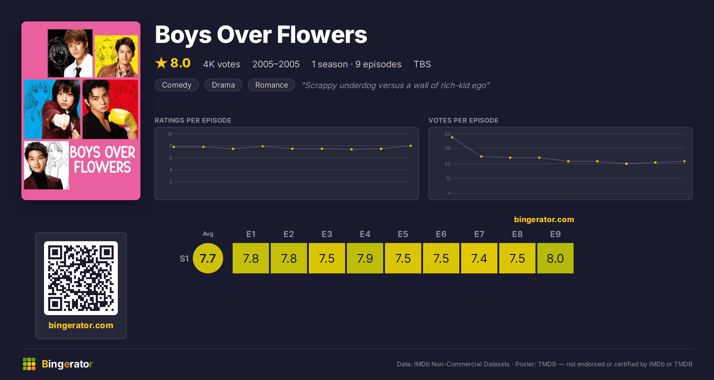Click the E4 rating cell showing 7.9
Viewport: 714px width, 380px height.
365,258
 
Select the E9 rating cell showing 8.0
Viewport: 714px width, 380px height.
555,258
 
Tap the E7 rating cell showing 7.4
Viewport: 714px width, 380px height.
479,258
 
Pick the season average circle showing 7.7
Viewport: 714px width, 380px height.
208,258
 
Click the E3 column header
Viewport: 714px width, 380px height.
327,234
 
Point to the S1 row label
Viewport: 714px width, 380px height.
184,258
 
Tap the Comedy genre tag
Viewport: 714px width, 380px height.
177,85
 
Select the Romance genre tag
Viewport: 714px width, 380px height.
272,85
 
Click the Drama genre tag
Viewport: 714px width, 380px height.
223,85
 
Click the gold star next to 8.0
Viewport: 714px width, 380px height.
161,63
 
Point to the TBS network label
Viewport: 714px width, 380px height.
422,64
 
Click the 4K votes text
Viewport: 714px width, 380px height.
222,64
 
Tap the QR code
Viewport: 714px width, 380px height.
81,278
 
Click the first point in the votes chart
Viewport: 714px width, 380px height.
452,137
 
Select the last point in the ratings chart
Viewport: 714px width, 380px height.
411,146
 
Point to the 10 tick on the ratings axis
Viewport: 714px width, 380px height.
170,134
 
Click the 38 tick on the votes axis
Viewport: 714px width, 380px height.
448,148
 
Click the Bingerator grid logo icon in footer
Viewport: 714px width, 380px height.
29,364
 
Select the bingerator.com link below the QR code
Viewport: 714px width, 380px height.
81,325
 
